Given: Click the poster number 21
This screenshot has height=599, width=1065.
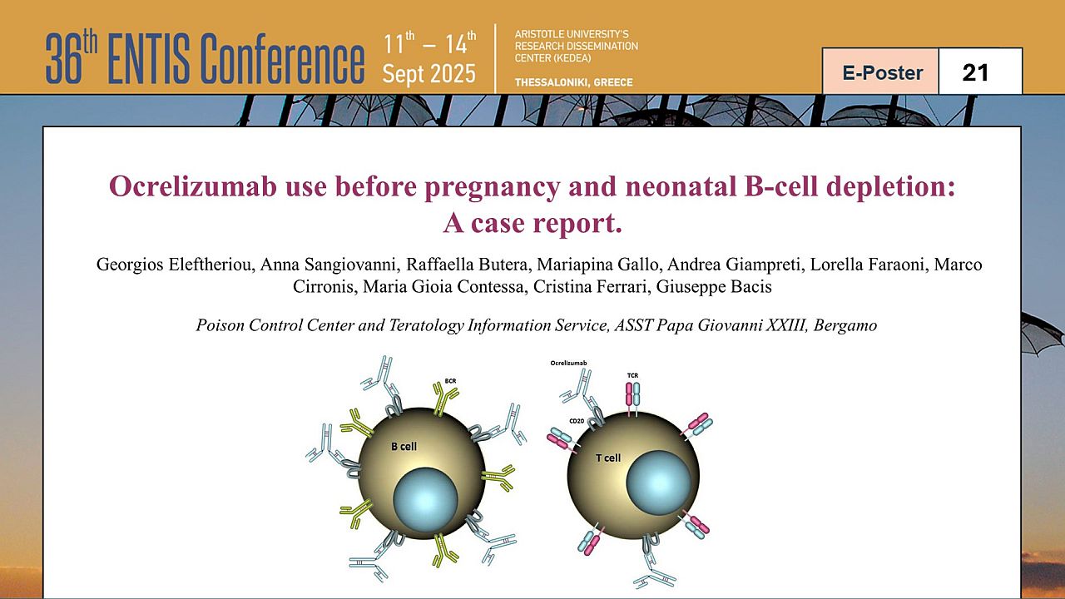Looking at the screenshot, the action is [x=975, y=72].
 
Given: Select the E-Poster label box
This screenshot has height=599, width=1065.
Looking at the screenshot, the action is [x=881, y=72].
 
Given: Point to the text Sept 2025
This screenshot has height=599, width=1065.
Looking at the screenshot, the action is [x=428, y=74].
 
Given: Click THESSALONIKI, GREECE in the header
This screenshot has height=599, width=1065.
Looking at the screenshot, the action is [x=574, y=82].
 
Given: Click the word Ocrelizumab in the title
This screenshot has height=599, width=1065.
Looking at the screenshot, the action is [x=192, y=186].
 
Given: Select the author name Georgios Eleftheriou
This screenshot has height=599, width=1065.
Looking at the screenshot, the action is [x=176, y=265].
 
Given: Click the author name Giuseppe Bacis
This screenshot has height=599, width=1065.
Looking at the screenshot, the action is [x=714, y=287].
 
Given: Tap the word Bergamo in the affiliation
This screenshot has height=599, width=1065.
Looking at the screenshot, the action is [x=845, y=325].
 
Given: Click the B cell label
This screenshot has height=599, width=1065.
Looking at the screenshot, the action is [x=404, y=447].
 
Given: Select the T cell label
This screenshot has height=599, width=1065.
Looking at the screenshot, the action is [x=608, y=458].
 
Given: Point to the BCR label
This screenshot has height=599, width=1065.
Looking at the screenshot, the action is [x=450, y=381].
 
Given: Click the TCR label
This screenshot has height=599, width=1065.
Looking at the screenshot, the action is [x=632, y=375].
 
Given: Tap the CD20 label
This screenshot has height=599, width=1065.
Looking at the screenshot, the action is [x=577, y=421].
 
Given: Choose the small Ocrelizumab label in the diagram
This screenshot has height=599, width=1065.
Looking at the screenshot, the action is [x=568, y=363].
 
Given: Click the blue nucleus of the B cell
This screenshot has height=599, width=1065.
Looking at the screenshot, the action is [x=425, y=500].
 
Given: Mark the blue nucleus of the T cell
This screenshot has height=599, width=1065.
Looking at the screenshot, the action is [x=658, y=483].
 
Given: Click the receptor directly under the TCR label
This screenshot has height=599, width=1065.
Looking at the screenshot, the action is [x=633, y=399].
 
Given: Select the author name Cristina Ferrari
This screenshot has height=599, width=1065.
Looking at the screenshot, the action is [x=592, y=287].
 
